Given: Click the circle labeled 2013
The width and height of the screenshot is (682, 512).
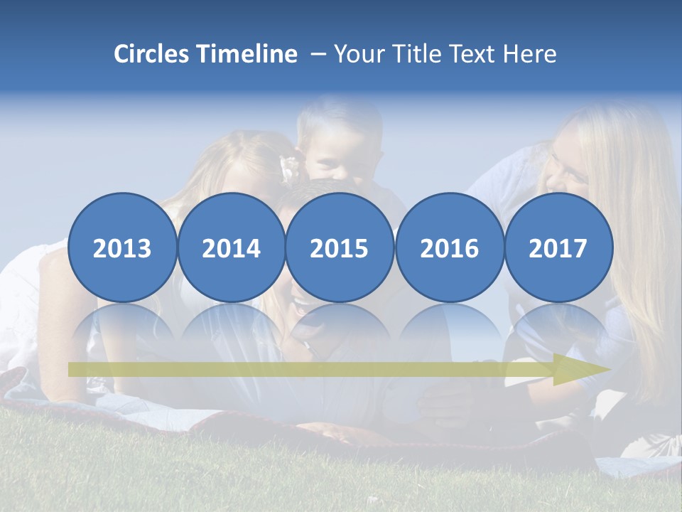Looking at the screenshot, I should [122, 247].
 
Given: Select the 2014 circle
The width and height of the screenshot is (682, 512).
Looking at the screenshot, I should [231, 247].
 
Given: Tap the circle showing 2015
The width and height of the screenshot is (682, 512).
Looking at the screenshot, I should [340, 247].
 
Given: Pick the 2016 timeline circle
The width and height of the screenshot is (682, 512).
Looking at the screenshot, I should [449, 247].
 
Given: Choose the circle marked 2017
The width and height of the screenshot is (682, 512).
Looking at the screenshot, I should [558, 247].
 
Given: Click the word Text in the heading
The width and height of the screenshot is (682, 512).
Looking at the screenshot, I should [475, 54].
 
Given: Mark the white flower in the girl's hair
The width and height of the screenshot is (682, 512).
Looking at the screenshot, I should [290, 168].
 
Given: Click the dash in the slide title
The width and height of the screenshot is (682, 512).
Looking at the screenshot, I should [318, 54].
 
